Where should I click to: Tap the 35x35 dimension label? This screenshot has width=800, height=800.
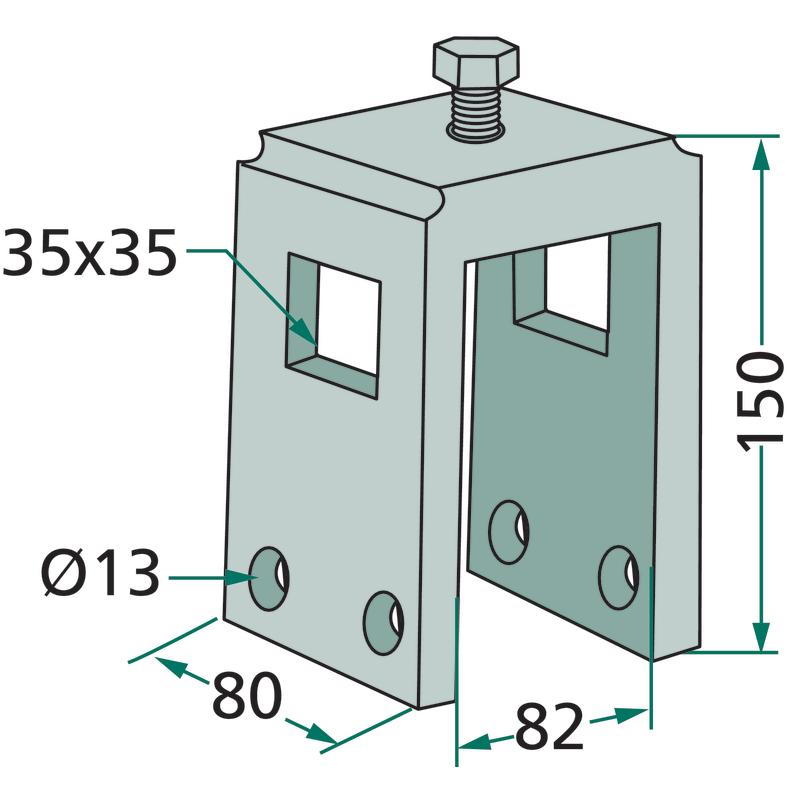[90, 253]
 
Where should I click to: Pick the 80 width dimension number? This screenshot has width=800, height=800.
[247, 695]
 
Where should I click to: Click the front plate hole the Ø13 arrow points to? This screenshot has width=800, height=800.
[268, 579]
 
